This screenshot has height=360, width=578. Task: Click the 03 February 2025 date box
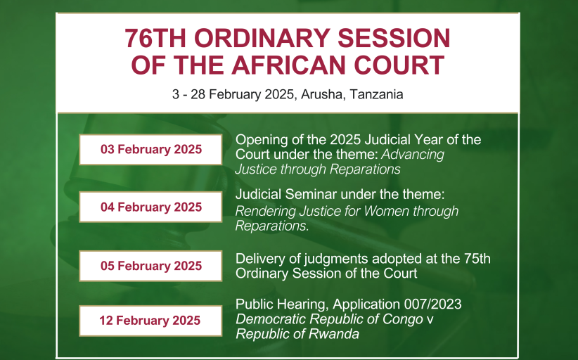pos(150,149)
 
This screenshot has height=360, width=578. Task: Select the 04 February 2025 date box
pos(150,207)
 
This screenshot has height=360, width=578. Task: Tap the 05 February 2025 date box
pos(150,266)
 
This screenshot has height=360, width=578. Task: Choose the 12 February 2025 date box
pos(150,321)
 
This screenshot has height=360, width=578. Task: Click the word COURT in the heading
pos(399,65)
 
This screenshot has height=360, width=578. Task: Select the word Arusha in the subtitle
pos(323,94)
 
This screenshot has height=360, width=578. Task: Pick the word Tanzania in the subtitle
pos(376,94)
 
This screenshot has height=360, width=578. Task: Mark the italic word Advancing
pos(413,155)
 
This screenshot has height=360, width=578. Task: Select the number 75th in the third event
pos(477,259)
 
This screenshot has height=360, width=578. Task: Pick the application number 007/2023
pos(432,304)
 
